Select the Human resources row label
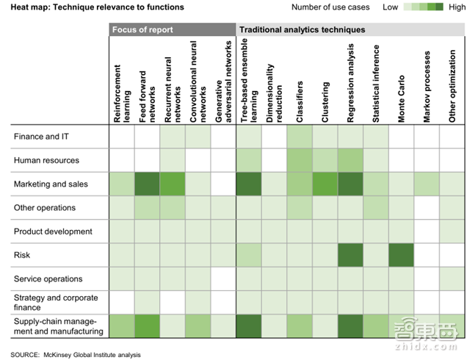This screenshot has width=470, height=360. coord(46,160)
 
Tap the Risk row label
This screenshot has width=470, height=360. coord(22,255)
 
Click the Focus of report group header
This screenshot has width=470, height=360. coord(141,30)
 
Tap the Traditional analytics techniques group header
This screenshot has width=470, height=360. coord(303,30)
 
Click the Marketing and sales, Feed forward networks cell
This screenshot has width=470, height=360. coord(148,184)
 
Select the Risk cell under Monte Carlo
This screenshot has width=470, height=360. coord(402,255)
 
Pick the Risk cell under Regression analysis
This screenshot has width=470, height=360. coord(350,255)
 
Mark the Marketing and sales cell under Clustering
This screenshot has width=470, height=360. coord(325,184)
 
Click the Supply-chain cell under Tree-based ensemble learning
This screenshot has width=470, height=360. coord(249,326)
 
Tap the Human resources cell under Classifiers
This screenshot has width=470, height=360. coord(300,160)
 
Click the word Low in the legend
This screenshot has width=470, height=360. coord(391,7)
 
